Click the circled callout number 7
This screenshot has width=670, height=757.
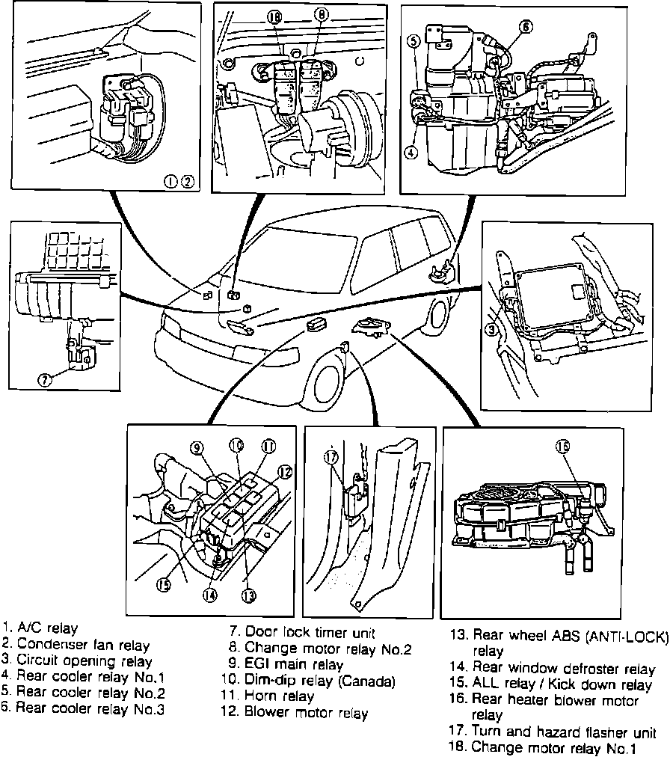click(46, 379)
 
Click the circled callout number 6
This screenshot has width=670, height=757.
click(414, 42)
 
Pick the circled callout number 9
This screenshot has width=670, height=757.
click(197, 449)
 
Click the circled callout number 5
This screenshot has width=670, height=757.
click(414, 42)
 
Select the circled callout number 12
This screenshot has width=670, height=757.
click(283, 471)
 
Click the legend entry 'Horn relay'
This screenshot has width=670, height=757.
click(268, 697)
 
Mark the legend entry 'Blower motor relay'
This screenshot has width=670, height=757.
click(299, 714)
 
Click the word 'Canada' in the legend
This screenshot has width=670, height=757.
click(371, 681)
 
